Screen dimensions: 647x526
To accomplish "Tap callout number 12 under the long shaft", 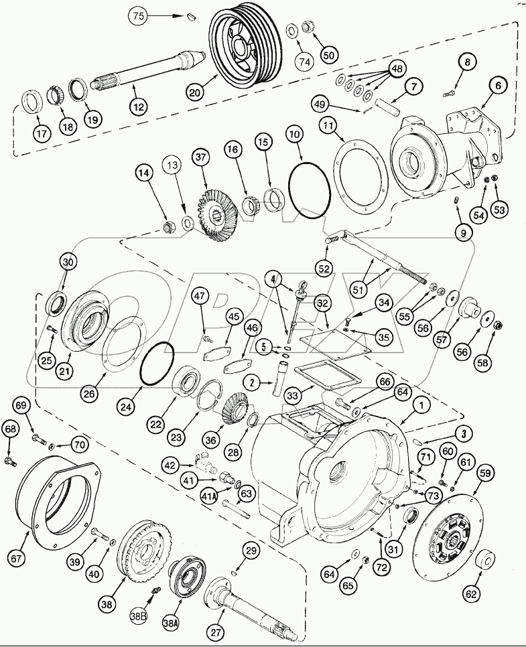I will (138, 106).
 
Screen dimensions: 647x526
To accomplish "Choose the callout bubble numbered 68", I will (11, 427).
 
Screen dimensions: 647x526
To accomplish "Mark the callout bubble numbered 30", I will (67, 261).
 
